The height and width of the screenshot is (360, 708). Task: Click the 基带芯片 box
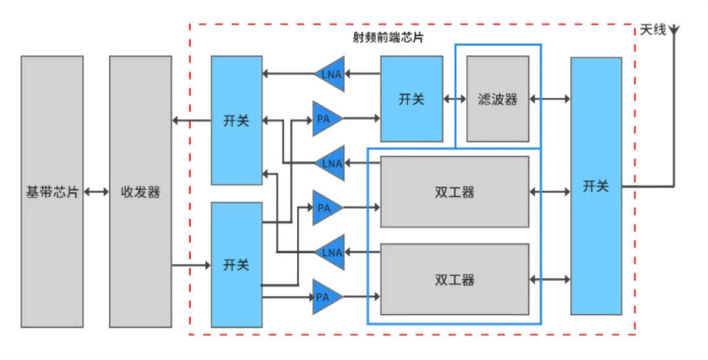pos(52,191)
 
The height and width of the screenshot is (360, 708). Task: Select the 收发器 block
pos(140,191)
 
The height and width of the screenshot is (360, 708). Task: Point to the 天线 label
pos(652,30)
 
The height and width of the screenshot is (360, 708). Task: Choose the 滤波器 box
pos(498,99)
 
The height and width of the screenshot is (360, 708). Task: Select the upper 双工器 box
pos(454,191)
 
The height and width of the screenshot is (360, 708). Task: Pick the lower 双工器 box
pos(454,279)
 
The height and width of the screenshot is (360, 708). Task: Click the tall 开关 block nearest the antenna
pos(596,186)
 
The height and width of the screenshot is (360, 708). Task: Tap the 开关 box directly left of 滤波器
pos(412,99)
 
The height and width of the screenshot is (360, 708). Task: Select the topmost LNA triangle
pos(330,73)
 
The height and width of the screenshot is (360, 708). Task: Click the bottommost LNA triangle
pos(330,252)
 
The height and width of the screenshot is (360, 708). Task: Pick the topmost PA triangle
pos(326,119)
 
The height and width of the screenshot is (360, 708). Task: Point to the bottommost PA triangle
pos(326,297)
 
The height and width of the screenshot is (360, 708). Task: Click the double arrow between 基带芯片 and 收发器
pos(96,191)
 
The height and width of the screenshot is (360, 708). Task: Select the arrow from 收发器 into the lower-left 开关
pos(191,265)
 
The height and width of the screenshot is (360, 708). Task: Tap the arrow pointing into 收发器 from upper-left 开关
pos(191,121)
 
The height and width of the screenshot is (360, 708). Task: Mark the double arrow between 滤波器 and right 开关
pos(549,99)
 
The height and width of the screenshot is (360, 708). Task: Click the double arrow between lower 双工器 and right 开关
pos(549,279)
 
